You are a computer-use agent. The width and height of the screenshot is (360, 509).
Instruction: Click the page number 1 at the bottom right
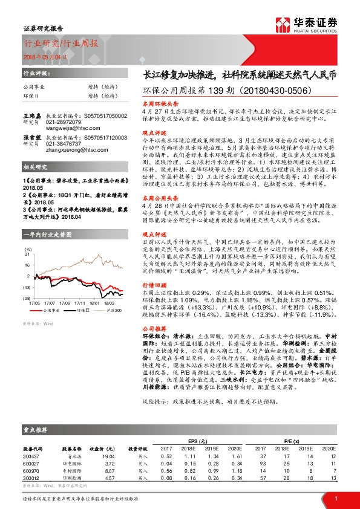336,498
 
